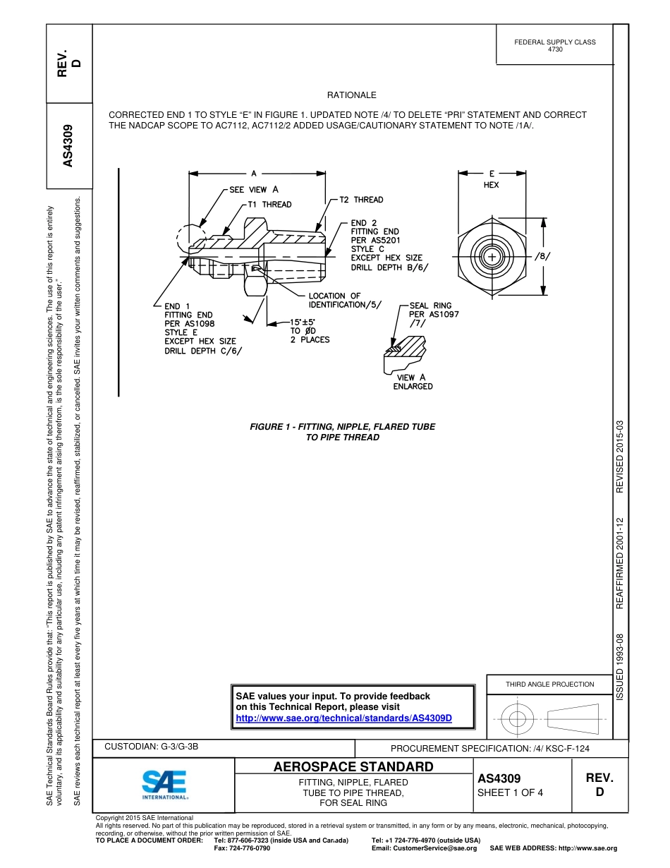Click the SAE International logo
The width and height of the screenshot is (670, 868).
coord(164,783)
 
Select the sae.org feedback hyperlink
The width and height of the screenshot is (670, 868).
coord(343,718)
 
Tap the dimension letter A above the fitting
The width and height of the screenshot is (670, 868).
coord(253,172)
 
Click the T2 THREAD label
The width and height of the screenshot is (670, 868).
coord(361,200)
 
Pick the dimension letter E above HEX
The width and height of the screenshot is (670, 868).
coord(492,172)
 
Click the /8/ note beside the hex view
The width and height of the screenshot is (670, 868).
coord(542,255)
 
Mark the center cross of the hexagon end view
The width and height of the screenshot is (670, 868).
coord(492,256)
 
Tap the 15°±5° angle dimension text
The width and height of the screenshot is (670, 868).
coord(310,322)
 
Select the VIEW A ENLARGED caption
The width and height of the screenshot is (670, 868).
coord(413,382)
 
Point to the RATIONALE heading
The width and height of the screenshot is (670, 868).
coord(351,95)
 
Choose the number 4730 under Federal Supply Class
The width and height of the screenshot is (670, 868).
coord(555,49)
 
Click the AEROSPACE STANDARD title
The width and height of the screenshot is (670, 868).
coord(353,766)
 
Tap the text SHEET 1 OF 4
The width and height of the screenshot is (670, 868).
coord(510,792)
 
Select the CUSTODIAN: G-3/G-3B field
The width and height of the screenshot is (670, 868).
coord(156,746)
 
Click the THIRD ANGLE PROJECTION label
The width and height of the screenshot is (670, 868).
coord(549,684)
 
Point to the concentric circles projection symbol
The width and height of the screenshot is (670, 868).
coord(518,719)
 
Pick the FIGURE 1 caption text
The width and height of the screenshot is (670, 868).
coord(343,432)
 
